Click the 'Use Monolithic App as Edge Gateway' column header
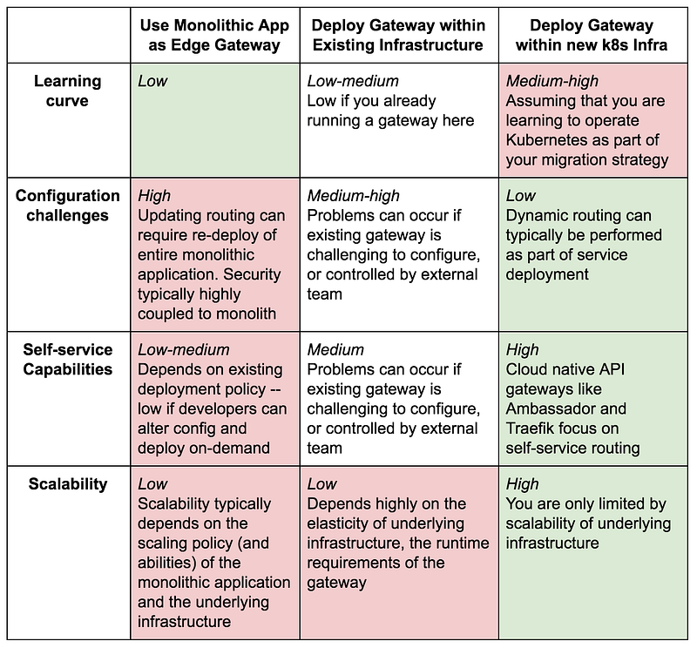214,35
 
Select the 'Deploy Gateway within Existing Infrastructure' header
398,35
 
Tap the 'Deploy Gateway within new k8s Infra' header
592,35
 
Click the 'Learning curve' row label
68,91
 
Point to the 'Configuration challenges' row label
68,206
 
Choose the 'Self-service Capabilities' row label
68,359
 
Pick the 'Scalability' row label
68,484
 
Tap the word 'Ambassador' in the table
565,408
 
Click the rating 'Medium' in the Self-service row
335,350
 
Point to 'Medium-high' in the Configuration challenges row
353,196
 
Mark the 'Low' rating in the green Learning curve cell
152,81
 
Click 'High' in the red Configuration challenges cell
154,196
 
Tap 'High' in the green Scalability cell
522,484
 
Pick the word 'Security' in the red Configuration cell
252,274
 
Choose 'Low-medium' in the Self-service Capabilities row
184,350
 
